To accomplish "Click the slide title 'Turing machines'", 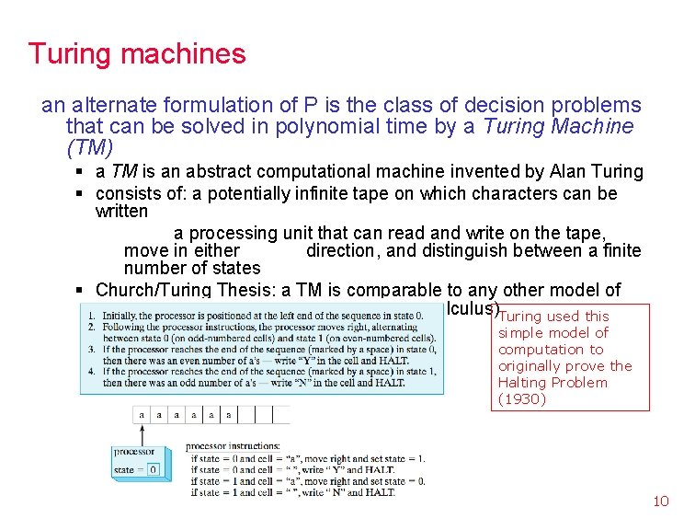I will (137, 53).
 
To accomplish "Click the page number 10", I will (660, 501).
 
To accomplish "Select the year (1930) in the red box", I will (522, 399).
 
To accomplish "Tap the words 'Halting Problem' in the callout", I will (553, 383).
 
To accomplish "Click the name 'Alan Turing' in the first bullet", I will (593, 171).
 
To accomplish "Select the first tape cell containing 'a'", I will (142, 415).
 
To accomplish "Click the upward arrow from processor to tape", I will (142, 435).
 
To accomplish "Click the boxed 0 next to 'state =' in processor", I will (153, 470).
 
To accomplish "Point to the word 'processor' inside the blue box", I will (134, 452).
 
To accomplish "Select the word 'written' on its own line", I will (121, 212).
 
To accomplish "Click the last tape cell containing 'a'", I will (227, 415).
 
